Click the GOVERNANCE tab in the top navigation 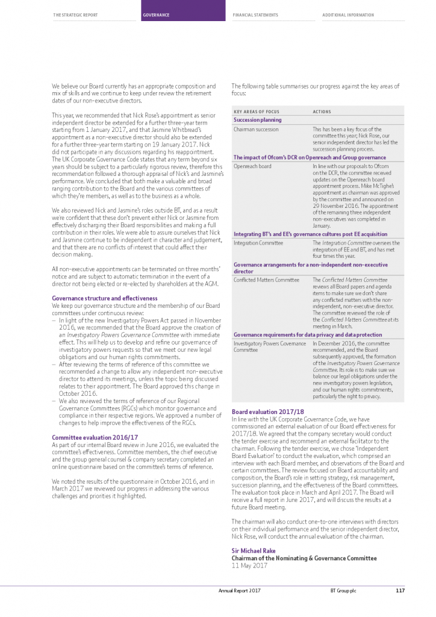[x=156, y=15]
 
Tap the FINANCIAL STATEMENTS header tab [x=255, y=15]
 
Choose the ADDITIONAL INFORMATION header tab [x=348, y=15]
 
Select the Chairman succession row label [x=256, y=129]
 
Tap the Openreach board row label [x=252, y=166]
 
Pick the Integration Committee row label [x=258, y=243]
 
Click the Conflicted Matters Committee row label [x=266, y=280]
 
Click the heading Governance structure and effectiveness [x=104, y=298]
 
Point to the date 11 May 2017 [x=249, y=566]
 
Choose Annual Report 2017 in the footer [x=239, y=590]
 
